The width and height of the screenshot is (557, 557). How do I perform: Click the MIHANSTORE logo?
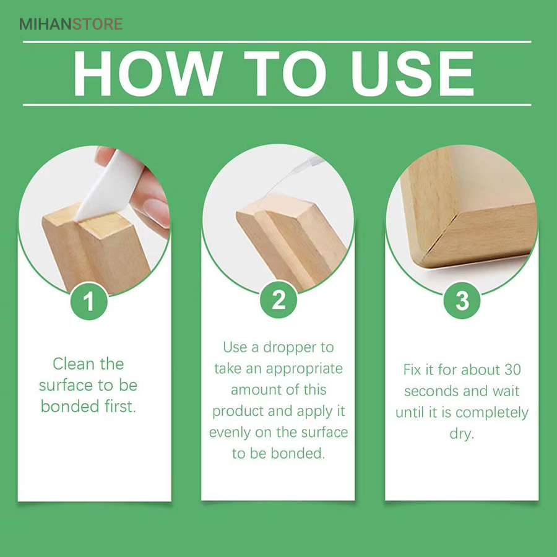[71, 24]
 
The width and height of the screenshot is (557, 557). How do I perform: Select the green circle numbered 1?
[89, 301]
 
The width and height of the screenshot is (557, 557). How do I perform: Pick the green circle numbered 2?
[278, 300]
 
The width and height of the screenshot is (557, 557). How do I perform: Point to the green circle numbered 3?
[462, 300]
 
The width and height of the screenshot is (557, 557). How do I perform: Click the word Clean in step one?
[74, 364]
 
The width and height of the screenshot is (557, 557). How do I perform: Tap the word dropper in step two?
[289, 348]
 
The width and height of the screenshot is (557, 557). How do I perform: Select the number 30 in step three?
[512, 370]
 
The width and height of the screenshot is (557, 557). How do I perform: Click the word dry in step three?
[462, 434]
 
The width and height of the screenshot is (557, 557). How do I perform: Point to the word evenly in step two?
[230, 433]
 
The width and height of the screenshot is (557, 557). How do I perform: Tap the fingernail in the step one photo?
[157, 213]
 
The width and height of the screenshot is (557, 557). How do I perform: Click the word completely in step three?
[492, 413]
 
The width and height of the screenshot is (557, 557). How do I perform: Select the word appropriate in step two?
[304, 369]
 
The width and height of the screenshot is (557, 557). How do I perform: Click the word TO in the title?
[285, 73]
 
